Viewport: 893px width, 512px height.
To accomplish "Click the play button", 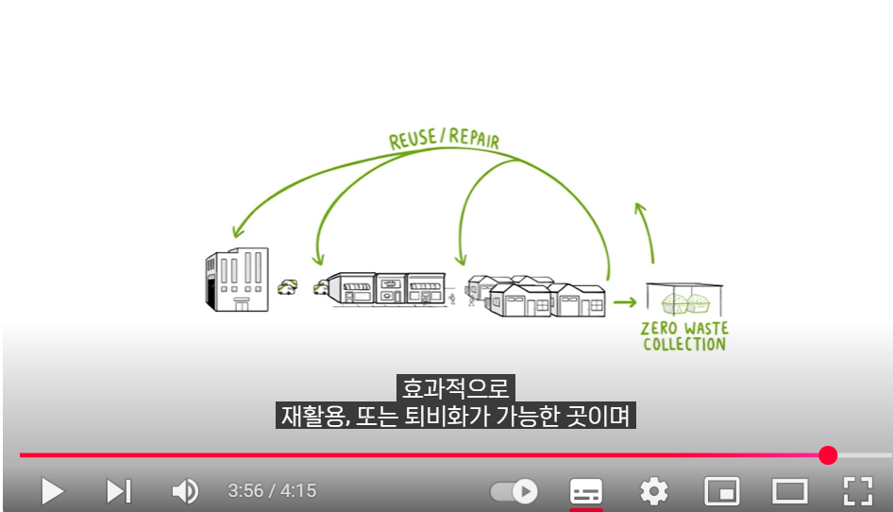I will [x=53, y=491].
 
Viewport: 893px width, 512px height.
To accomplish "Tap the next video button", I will [x=118, y=491].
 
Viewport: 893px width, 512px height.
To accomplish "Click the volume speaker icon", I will [x=185, y=491].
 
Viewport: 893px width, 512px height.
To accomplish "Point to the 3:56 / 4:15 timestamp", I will [x=272, y=491].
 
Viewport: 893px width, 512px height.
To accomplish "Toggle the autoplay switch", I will [x=514, y=491].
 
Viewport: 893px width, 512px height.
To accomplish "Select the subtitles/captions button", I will [x=586, y=491].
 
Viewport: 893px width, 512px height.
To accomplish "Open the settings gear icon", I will [x=653, y=491].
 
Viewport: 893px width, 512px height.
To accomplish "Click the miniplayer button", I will [x=722, y=491].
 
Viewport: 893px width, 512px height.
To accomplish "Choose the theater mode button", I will [x=790, y=491].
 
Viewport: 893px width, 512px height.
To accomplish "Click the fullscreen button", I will [x=857, y=491].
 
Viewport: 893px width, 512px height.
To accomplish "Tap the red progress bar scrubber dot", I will [x=828, y=455].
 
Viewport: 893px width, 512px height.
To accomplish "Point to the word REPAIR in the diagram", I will [x=474, y=138].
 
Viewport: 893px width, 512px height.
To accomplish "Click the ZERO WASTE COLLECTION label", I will [x=684, y=336].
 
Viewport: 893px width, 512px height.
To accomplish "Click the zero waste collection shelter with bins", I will [x=683, y=299].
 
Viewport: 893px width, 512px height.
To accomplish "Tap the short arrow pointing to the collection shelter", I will [x=624, y=302].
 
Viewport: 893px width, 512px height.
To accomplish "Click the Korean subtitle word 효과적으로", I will [x=455, y=387].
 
